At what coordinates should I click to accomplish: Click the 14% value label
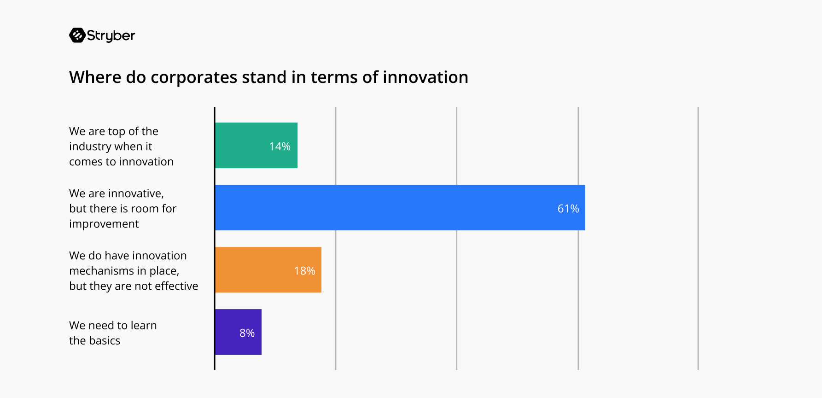pyautogui.click(x=280, y=146)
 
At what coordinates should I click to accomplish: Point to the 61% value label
pyautogui.click(x=568, y=209)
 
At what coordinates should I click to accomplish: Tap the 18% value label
pyautogui.click(x=304, y=271)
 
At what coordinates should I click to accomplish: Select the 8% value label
pyautogui.click(x=247, y=333)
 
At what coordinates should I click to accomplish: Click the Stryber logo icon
pyautogui.click(x=77, y=35)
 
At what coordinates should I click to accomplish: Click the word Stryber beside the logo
pyautogui.click(x=111, y=35)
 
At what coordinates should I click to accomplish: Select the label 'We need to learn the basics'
pyautogui.click(x=113, y=333)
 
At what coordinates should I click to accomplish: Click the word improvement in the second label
pyautogui.click(x=104, y=224)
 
